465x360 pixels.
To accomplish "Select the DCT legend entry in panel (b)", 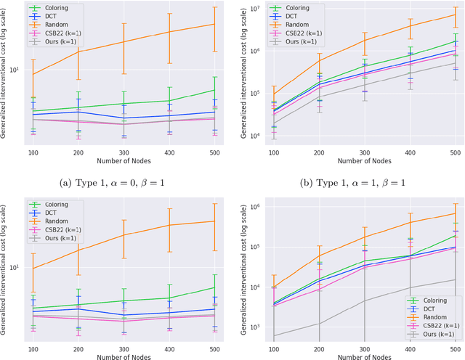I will pos(291,16).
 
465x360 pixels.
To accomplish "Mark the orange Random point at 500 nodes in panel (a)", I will pos(215,24).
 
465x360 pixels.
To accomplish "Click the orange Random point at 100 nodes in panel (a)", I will pos(33,74).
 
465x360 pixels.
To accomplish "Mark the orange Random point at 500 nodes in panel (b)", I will pos(454,15).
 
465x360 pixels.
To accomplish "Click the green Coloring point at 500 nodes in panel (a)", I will pos(215,90).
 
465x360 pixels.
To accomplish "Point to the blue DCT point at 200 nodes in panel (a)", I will pos(78,111).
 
